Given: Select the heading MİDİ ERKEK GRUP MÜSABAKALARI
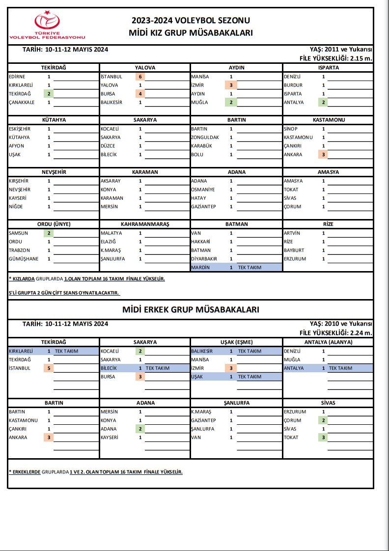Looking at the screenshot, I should tap(191, 309).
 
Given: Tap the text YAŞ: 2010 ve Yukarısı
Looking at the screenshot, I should tap(341, 324).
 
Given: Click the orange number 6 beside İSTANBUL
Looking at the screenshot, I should tap(140, 77).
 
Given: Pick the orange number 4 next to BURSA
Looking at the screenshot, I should tap(140, 94).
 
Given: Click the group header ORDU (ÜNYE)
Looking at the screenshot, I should tap(54, 224).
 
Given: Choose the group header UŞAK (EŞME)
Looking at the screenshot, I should tap(236, 342).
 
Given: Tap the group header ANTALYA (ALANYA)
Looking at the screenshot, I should tap(328, 342).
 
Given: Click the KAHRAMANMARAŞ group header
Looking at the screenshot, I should tap(145, 224).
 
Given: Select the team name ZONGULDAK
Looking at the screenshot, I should tap(205, 138).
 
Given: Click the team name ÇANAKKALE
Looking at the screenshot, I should tap(23, 103).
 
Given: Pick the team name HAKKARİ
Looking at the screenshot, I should tap(201, 242).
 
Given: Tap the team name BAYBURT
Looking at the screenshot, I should tap(295, 250).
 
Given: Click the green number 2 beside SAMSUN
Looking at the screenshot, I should tap(49, 233).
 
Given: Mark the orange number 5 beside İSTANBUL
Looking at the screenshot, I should tap(49, 368).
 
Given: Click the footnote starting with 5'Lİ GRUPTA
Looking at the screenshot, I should tap(64, 293).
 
